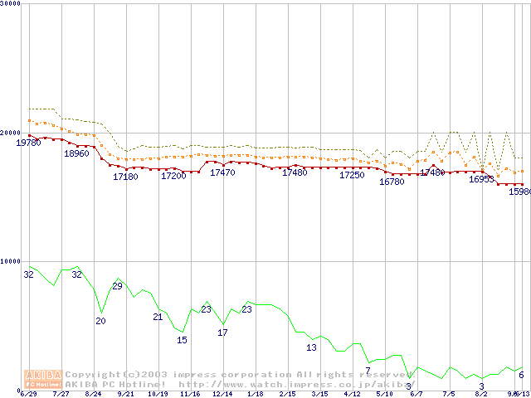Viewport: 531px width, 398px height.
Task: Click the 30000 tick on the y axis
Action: tap(11, 4)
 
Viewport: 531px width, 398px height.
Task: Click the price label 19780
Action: tap(29, 143)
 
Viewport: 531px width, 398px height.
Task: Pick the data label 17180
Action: tap(125, 177)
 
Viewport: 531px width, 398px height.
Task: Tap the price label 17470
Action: tap(222, 172)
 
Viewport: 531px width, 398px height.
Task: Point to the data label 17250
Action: tap(352, 175)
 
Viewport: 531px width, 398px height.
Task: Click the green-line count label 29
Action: tap(117, 286)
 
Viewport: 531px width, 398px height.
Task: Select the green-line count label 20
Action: tap(100, 321)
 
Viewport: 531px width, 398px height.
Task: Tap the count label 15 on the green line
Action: tap(182, 340)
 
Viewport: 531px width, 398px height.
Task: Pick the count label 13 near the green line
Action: tap(311, 347)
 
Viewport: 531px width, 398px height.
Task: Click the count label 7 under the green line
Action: tap(368, 370)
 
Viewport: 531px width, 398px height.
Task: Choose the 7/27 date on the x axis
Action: tap(61, 394)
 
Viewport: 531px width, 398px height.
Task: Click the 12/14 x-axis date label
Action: tap(222, 394)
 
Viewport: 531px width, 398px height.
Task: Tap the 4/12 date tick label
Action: tap(352, 394)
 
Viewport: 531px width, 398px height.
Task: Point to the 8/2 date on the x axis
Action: tap(481, 394)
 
